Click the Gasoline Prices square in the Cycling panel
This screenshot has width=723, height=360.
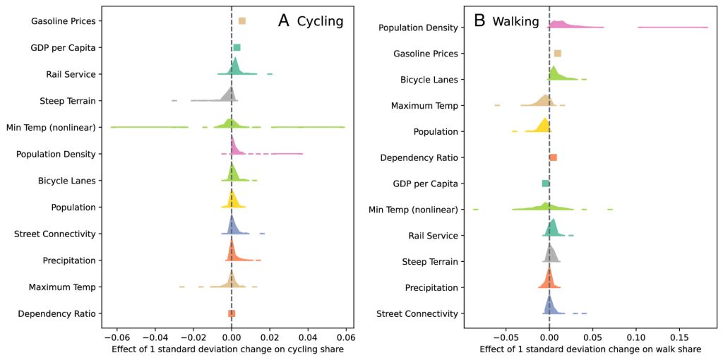[x=242, y=21]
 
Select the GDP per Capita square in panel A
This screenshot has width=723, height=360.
[x=237, y=47]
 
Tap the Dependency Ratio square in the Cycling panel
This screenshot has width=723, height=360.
[x=232, y=313]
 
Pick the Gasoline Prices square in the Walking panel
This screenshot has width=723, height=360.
[x=558, y=54]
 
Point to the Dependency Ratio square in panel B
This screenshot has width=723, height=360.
[x=553, y=157]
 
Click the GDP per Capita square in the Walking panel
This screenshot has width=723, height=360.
[x=545, y=184]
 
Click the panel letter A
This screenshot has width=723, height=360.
[x=284, y=20]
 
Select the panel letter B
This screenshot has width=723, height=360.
[x=479, y=20]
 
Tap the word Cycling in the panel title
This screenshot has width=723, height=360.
[x=320, y=21]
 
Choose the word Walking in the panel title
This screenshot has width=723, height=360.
[x=515, y=21]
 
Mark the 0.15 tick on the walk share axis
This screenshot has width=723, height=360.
[x=679, y=337]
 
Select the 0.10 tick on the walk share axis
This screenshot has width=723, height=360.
[x=636, y=337]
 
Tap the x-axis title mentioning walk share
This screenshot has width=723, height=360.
[x=590, y=349]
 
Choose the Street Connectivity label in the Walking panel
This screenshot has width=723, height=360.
[x=417, y=313]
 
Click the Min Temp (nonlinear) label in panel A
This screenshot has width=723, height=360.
[x=55, y=127]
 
